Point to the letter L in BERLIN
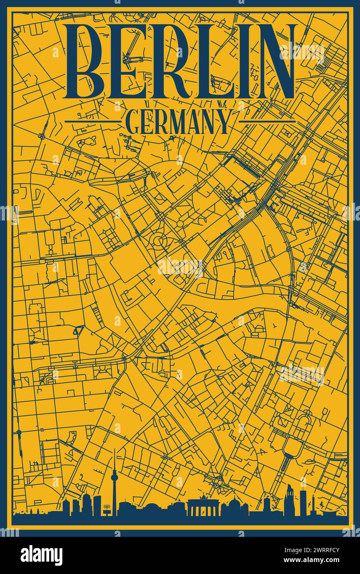pos(218,61)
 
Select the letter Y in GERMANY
pos(223,121)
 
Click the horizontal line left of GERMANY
pos(92,121)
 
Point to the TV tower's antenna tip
pos(115,451)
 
